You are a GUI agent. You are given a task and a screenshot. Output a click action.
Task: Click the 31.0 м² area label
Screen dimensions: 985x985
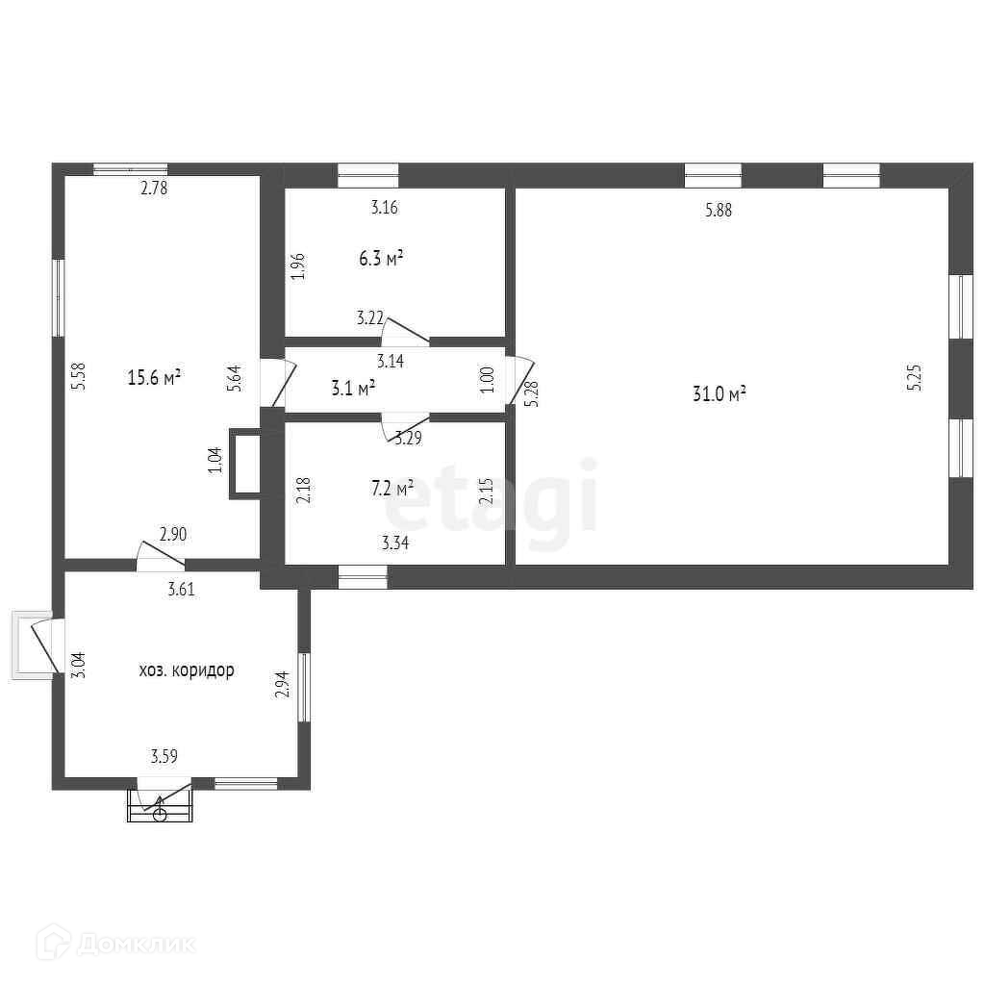tap(720, 393)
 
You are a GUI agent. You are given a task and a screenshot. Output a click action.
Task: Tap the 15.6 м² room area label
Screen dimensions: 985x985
tap(155, 377)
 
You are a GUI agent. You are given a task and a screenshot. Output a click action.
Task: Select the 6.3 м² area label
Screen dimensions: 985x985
tap(381, 258)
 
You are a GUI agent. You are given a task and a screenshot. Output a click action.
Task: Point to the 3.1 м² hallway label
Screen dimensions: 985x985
tap(353, 389)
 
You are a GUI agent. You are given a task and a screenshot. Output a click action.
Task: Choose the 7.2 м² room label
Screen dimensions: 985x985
tap(392, 488)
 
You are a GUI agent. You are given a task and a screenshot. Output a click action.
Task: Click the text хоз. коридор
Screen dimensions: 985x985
tap(187, 670)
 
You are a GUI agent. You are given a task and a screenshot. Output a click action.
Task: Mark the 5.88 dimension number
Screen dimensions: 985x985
tap(718, 210)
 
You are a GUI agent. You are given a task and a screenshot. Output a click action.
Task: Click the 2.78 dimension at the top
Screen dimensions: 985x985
tap(154, 188)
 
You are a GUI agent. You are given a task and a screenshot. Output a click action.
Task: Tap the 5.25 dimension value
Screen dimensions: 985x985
tap(915, 378)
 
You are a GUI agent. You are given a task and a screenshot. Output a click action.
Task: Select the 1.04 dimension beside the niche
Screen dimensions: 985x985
tap(215, 460)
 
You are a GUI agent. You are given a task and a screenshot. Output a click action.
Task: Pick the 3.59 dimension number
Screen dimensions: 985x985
tap(164, 756)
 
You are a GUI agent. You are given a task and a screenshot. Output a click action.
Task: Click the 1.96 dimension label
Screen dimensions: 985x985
tap(298, 266)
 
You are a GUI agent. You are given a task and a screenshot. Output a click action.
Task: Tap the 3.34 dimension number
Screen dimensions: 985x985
tap(395, 543)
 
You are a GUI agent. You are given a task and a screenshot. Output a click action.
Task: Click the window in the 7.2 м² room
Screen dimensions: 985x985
tap(363, 577)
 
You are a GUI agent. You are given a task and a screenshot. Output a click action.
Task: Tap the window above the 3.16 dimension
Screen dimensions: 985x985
tap(368, 176)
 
